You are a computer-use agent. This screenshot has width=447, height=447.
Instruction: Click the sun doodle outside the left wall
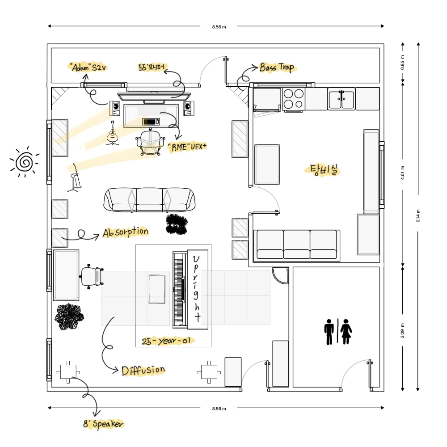click(x=25, y=162)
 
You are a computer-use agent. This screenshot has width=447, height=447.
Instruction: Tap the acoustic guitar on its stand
click(x=113, y=133)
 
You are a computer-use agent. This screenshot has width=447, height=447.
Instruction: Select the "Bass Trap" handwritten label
click(x=277, y=67)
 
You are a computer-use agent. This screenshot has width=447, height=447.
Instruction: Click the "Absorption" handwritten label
click(x=126, y=232)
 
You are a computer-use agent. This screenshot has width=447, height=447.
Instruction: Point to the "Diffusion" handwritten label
click(x=143, y=370)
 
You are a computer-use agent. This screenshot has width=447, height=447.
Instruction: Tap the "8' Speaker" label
click(x=104, y=424)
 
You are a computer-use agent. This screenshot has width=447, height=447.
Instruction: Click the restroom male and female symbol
click(x=338, y=332)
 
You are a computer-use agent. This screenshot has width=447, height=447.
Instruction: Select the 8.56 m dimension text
click(x=219, y=27)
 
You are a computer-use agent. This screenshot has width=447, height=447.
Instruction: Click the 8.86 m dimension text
click(x=219, y=409)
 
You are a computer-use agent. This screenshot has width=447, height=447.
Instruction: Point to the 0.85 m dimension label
click(x=403, y=63)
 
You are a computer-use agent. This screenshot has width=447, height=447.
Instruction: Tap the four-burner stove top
click(x=294, y=99)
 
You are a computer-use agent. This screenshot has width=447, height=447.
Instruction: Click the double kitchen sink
click(x=342, y=99)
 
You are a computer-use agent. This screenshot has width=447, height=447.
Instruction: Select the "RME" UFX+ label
click(x=187, y=147)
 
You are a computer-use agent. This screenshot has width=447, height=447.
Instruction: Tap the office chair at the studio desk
click(x=150, y=142)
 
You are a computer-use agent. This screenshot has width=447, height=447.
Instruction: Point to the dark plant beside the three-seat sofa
click(x=177, y=224)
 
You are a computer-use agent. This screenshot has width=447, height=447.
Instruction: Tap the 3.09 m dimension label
click(x=403, y=331)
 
